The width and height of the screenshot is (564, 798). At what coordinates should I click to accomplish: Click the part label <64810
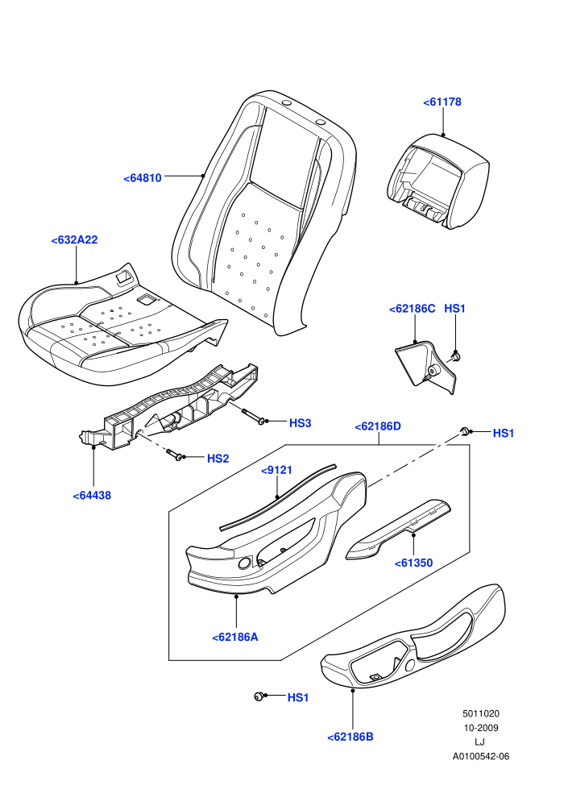click(143, 178)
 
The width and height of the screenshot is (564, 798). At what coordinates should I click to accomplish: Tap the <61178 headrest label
click(442, 102)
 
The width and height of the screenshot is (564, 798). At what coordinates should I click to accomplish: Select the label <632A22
click(74, 240)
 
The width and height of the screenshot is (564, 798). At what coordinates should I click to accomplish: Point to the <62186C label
click(412, 309)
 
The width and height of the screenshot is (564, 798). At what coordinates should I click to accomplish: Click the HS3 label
click(300, 423)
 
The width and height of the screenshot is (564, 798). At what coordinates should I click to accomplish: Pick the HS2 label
click(218, 459)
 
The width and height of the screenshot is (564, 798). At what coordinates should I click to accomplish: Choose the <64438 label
click(92, 496)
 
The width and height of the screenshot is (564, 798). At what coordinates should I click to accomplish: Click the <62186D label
click(378, 426)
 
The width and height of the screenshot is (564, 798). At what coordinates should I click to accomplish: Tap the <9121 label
click(276, 470)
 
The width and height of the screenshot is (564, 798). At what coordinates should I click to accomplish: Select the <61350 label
click(413, 563)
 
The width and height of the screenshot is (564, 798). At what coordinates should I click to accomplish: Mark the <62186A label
click(235, 637)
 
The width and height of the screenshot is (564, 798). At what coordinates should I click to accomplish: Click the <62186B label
click(350, 737)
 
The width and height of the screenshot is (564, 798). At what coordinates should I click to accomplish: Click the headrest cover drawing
click(438, 181)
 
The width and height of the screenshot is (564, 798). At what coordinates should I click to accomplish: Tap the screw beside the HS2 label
click(175, 455)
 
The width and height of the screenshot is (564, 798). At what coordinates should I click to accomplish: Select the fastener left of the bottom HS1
click(259, 696)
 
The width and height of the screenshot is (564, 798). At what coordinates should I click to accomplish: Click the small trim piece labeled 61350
click(398, 530)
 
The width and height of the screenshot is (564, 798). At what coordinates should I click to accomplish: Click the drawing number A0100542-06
click(480, 756)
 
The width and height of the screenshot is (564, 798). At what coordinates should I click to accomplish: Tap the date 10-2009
click(480, 728)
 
